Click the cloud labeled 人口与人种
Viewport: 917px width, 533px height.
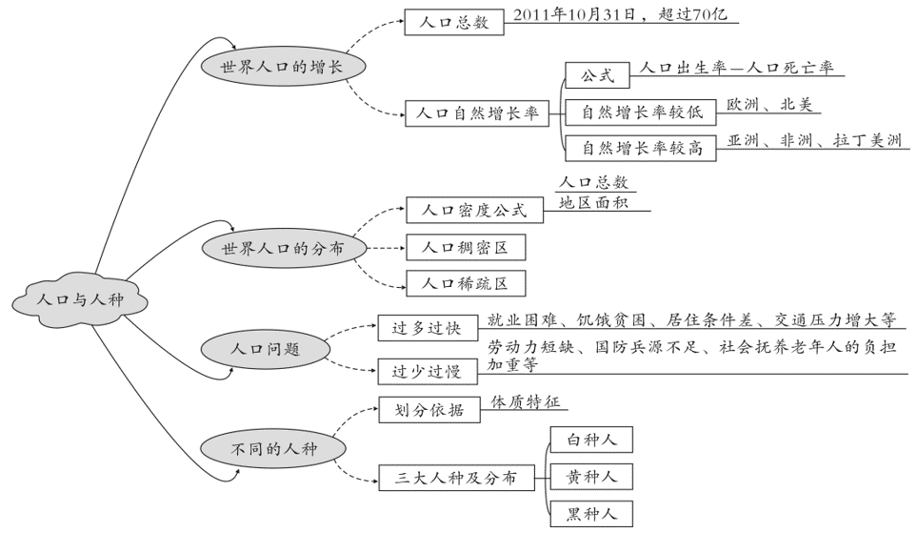(80, 299)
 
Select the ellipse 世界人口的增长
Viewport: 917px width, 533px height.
(282, 68)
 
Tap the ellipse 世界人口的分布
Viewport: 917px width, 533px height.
(282, 248)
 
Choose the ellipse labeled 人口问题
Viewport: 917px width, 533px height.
(266, 349)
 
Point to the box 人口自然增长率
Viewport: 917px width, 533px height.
(477, 114)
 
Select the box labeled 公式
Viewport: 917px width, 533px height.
(597, 75)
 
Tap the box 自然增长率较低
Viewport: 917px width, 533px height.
(641, 112)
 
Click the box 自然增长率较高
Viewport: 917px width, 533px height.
(641, 148)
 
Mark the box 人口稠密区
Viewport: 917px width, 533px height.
(465, 248)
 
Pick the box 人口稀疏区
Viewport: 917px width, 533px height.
(465, 283)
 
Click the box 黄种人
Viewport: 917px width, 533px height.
(591, 476)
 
